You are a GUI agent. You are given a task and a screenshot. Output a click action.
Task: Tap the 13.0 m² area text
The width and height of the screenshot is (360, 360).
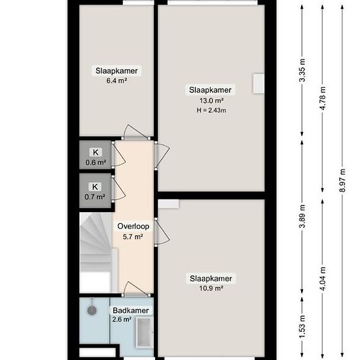211,100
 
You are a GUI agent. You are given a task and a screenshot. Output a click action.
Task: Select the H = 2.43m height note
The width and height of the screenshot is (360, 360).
211,110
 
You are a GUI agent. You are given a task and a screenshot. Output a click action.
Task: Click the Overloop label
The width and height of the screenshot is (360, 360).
133,226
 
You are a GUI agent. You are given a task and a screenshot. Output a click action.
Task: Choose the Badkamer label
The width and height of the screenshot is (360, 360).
131,310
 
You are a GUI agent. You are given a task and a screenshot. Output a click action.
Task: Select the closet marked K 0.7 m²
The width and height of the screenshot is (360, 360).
95,190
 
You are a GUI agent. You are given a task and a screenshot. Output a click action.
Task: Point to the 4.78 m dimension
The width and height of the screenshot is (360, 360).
322,96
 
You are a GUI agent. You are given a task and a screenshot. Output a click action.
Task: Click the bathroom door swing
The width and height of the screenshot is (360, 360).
134,289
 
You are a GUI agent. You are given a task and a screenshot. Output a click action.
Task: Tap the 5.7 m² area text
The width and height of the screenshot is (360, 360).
133,237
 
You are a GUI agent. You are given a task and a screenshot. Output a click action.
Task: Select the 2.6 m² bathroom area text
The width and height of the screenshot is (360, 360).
122,319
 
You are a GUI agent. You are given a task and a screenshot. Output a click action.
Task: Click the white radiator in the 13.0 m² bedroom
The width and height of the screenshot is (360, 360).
259,82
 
